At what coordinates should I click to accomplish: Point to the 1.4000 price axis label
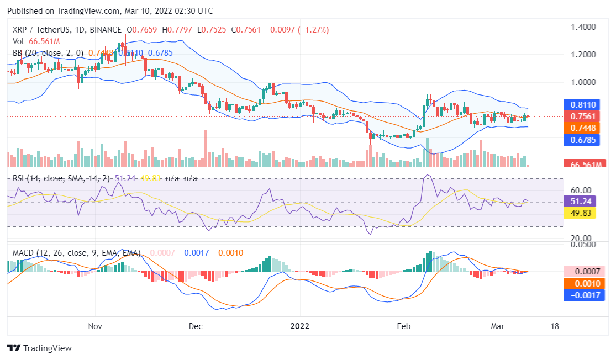point(583,27)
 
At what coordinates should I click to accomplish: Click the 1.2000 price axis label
point(583,55)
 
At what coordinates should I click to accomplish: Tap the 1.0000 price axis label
point(583,82)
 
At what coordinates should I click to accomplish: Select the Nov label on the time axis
point(96,326)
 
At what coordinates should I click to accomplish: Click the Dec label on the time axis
point(196,326)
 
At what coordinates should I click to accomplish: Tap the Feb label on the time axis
point(404,326)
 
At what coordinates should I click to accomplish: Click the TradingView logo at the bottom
point(39,348)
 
